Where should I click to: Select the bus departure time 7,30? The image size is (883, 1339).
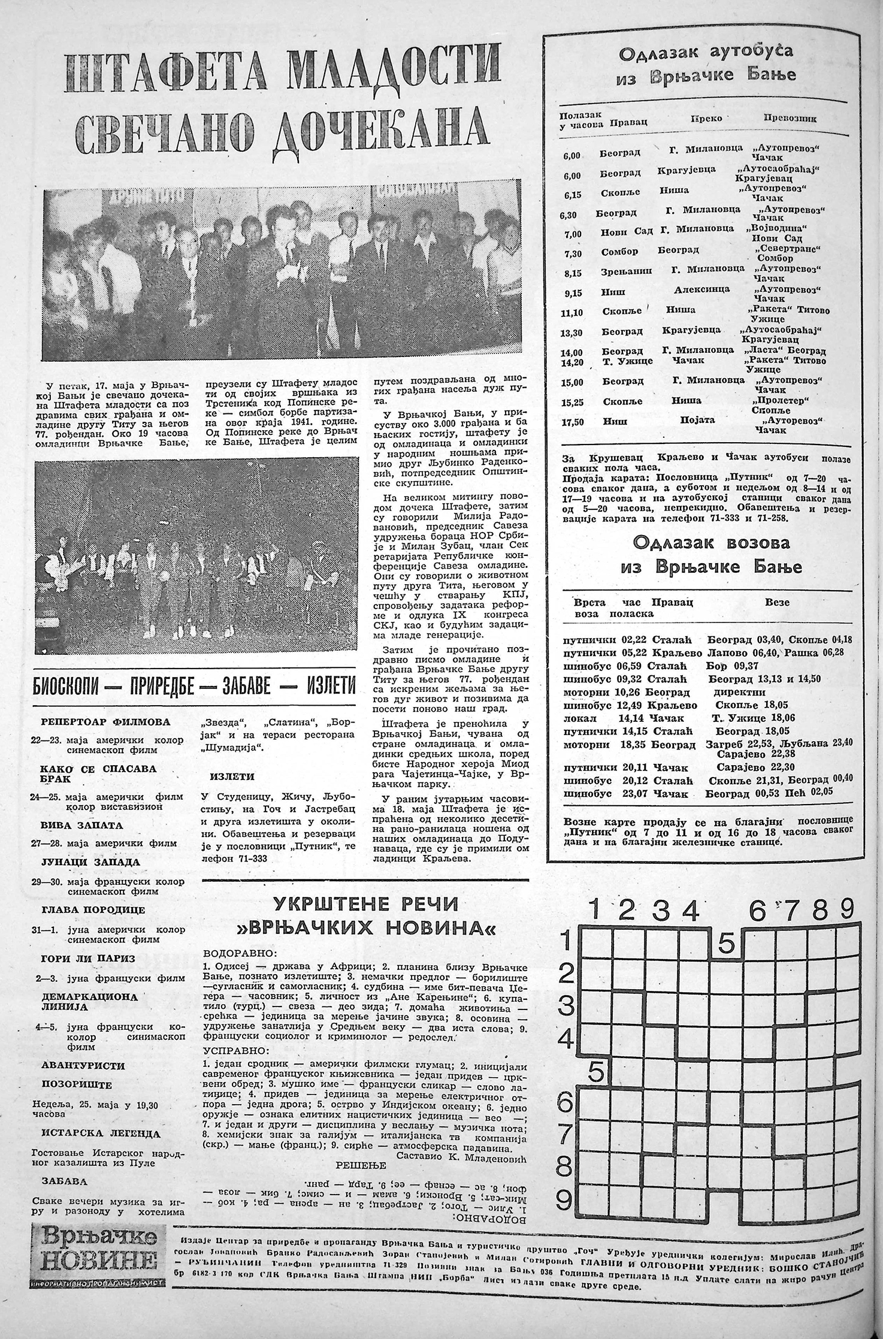coord(573,253)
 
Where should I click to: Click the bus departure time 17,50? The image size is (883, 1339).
coord(573,422)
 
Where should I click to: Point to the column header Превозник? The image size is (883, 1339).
coord(790,118)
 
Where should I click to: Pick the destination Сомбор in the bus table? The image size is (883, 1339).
coord(619,252)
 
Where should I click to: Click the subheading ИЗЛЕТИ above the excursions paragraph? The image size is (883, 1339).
coord(232,776)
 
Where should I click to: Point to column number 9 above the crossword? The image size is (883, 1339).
coord(846,910)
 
